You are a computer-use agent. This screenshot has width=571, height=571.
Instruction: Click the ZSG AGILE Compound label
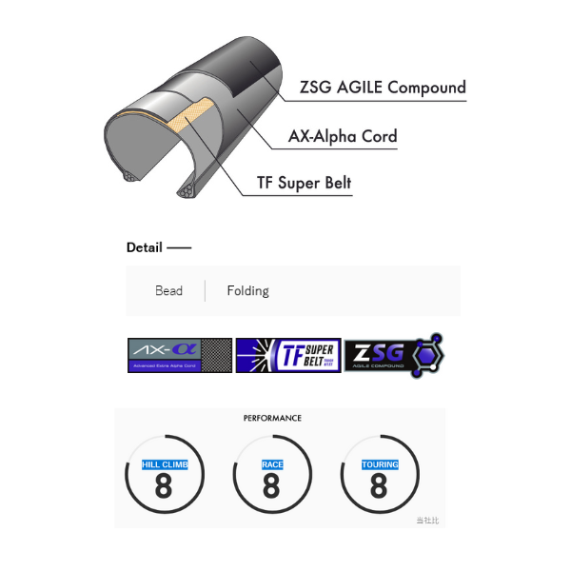pos(383,88)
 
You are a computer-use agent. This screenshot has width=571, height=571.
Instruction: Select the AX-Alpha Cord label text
pos(343,136)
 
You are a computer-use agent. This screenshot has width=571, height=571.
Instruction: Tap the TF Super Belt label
pos(305,184)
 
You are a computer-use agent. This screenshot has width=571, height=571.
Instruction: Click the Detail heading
pos(144,247)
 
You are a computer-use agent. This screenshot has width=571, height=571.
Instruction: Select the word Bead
pos(168,291)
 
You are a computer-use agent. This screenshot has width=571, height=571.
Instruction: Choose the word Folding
pos(247,291)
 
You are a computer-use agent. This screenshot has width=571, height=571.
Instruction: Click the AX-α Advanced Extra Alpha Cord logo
pos(180,355)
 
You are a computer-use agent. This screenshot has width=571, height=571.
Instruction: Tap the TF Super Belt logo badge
pos(288,355)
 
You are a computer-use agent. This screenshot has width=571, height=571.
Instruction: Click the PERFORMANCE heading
pos(272,418)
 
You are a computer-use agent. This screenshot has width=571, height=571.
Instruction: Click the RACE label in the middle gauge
pos(271,464)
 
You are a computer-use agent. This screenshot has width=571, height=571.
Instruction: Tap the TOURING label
pos(379,464)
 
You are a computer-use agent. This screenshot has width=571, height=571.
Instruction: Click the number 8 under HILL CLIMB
pos(164,486)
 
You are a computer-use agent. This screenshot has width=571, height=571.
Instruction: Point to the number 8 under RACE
pos(271,486)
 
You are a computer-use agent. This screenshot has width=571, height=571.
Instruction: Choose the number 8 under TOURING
pos(379,486)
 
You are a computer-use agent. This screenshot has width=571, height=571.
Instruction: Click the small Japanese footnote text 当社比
pos(427,521)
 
